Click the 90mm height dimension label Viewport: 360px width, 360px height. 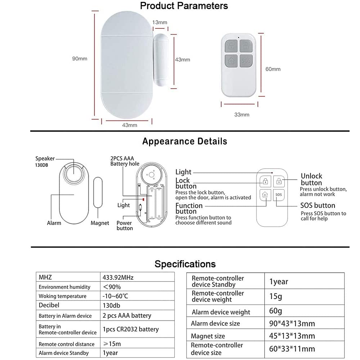tap(80, 59)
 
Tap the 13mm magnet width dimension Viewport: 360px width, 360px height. tap(160, 22)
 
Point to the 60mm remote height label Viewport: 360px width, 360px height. tap(273, 69)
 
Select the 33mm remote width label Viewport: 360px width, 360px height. tap(242, 115)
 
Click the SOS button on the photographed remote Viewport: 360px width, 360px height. tap(246, 60)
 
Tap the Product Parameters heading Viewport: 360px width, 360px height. tap(184, 6)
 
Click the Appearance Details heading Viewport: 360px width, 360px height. tap(185, 141)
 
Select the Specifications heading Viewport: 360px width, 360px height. tap(185, 264)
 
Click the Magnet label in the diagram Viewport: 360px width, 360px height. tap(100, 223)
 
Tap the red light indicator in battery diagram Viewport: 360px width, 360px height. tap(143, 198)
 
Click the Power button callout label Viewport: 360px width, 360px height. tap(124, 225)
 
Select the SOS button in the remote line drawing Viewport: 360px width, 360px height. tap(278, 195)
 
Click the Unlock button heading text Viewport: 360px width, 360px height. tap(311, 179)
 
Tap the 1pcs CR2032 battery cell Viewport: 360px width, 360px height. tap(131, 329)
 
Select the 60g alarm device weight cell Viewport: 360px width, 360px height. tap(276, 311)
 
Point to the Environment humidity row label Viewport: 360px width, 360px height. tap(64, 287)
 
